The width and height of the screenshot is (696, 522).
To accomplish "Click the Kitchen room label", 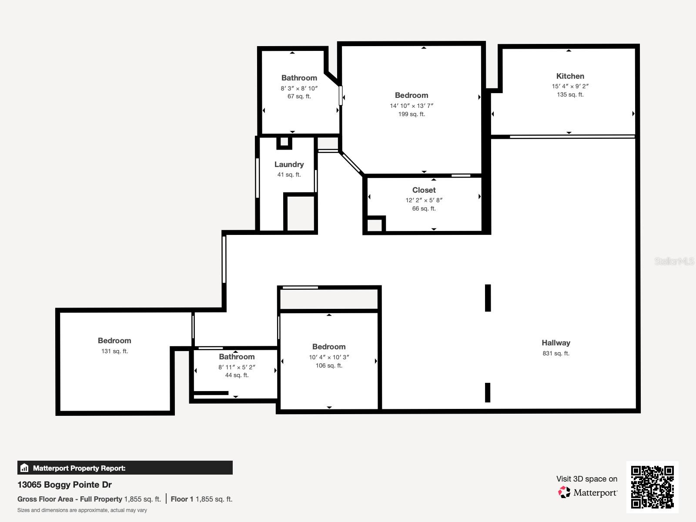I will [x=570, y=76].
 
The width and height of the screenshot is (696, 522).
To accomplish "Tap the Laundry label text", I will [x=289, y=164].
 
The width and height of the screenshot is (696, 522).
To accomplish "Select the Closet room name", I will [x=424, y=190].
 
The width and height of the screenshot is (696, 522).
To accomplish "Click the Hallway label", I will [x=555, y=343].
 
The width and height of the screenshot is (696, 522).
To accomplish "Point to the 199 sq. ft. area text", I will [x=411, y=114].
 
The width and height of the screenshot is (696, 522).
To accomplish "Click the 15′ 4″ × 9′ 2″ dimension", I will [x=570, y=86].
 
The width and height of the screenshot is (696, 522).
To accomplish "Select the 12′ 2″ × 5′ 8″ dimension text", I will [x=424, y=200].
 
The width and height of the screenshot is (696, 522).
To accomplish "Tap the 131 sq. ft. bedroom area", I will [x=114, y=351].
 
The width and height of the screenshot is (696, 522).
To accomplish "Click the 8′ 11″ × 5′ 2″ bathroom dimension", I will [x=237, y=367].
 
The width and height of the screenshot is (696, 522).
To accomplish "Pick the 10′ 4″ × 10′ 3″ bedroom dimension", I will [x=329, y=357].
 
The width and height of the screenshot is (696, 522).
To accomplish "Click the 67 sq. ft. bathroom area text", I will [x=299, y=97].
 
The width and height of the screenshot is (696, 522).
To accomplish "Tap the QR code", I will [x=652, y=487].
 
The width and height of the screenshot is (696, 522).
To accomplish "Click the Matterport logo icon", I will [x=564, y=492].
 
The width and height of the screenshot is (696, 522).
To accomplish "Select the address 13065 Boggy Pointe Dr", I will [x=64, y=485].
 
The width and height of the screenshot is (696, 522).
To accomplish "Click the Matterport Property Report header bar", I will [x=125, y=468].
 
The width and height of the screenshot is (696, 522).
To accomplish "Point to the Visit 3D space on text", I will [x=586, y=479].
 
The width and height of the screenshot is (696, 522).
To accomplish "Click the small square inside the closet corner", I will [x=375, y=225].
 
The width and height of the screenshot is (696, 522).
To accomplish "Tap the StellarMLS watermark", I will [x=674, y=261].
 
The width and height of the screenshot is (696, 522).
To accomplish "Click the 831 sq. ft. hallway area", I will [x=555, y=353].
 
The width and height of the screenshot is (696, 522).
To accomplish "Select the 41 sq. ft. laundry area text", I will [x=289, y=175].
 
